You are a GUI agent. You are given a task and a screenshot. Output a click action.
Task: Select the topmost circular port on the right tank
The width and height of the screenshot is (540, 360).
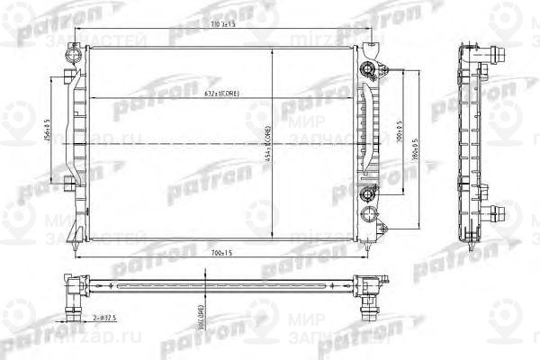pos(366,68)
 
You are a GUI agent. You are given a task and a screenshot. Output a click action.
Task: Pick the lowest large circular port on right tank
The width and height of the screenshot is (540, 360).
pos(367,213)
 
